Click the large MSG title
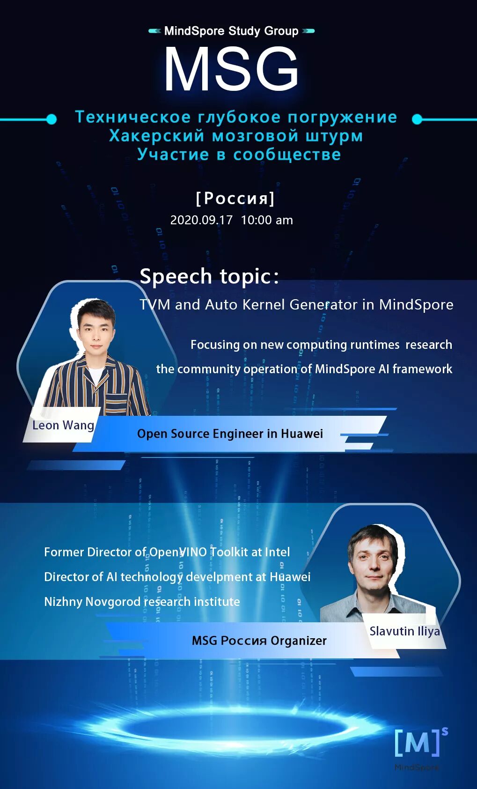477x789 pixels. [x=231, y=69]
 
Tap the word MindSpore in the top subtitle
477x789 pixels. [x=194, y=31]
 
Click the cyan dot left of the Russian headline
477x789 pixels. [x=51, y=119]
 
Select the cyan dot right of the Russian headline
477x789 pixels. [x=417, y=119]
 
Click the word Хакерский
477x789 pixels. [x=157, y=136]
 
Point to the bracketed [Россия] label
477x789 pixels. [x=235, y=199]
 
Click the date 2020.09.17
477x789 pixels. [x=201, y=220]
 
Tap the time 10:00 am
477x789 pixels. [x=267, y=220]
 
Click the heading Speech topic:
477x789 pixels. [x=209, y=276]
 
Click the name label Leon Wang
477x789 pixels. [x=63, y=425]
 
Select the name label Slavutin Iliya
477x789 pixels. [x=404, y=631]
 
